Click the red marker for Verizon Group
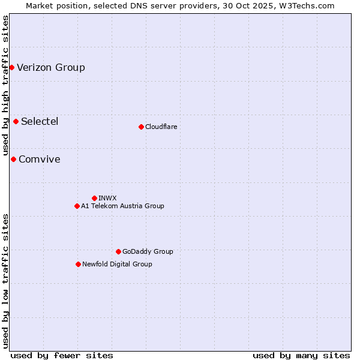(11, 67)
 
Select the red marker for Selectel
(16, 122)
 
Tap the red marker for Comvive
(13, 159)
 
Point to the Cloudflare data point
(141, 127)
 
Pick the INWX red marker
(94, 198)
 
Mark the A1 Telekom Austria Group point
(77, 206)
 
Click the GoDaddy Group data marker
(118, 251)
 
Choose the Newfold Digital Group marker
(78, 264)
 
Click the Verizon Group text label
(51, 67)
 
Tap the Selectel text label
(40, 122)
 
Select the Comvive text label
(40, 159)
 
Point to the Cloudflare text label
(161, 127)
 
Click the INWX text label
(107, 198)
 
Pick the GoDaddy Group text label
(148, 251)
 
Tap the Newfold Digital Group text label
(117, 264)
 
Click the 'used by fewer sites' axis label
(62, 355)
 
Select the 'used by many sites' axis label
(301, 355)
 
